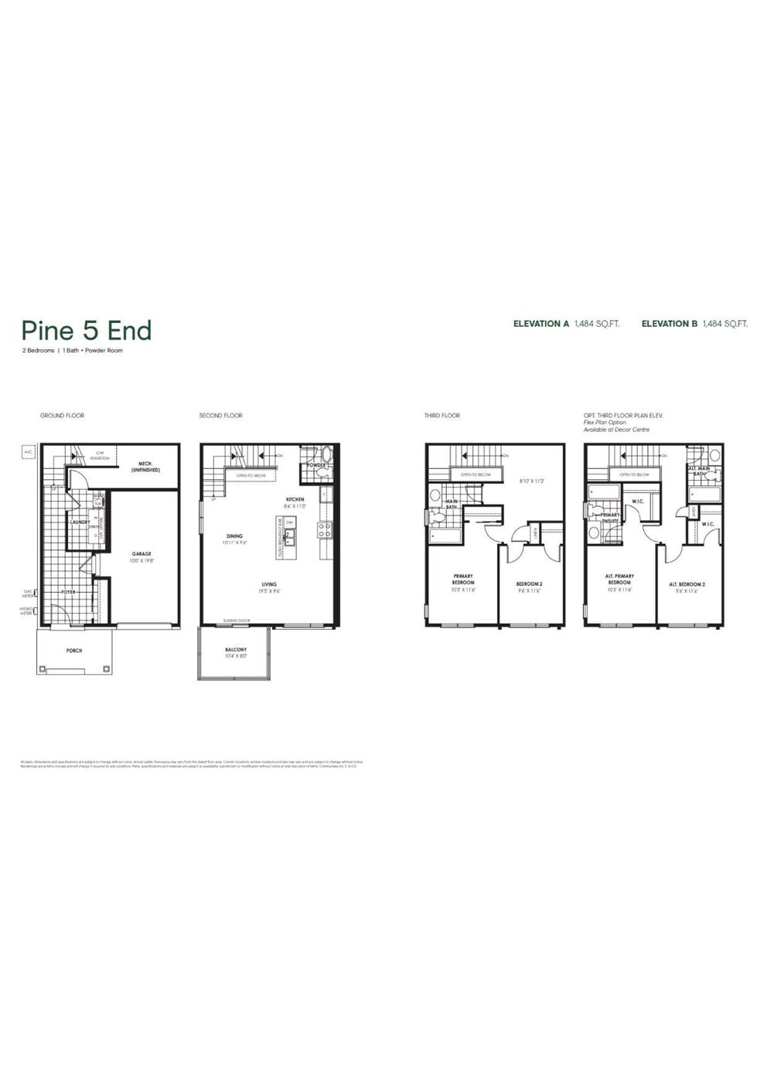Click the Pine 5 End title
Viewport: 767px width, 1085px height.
click(x=86, y=331)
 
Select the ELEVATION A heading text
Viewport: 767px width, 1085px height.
click(x=541, y=324)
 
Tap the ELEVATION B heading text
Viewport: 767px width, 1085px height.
click(x=670, y=324)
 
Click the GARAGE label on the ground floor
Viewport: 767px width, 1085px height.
click(x=141, y=553)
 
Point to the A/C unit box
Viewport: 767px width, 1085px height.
click(x=27, y=451)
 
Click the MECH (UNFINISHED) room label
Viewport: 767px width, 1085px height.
click(x=145, y=467)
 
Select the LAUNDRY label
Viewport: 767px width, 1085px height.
click(x=80, y=522)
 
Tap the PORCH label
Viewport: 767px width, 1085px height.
click(x=74, y=651)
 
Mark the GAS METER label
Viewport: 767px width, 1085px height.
click(x=27, y=594)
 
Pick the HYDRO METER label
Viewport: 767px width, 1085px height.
click(x=26, y=611)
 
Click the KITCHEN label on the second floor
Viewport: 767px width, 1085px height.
click(x=295, y=499)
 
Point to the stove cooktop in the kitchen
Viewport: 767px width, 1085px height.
click(x=325, y=530)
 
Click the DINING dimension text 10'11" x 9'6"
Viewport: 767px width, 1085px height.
click(x=235, y=542)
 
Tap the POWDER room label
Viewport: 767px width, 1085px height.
click(x=315, y=465)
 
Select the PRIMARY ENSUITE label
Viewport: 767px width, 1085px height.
click(x=611, y=518)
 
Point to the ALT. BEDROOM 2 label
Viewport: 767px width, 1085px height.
click(x=687, y=584)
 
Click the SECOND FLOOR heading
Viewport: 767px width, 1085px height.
click(x=220, y=416)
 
